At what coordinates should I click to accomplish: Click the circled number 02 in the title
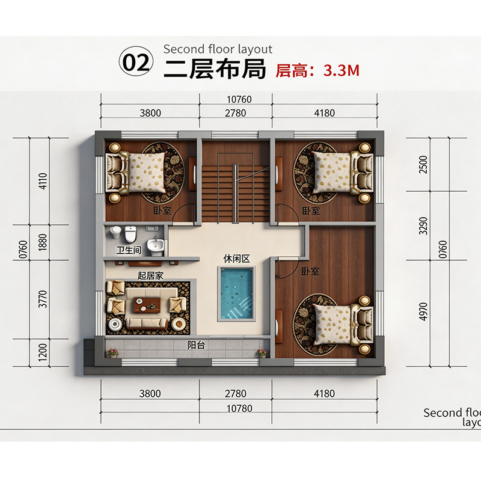(136, 63)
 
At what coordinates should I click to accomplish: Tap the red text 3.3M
(342, 70)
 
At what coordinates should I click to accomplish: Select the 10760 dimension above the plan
(239, 99)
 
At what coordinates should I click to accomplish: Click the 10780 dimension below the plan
(239, 409)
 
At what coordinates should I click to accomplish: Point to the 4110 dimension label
(43, 181)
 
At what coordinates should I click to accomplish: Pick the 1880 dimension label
(43, 242)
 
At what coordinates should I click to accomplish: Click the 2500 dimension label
(423, 164)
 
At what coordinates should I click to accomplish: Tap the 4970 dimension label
(423, 311)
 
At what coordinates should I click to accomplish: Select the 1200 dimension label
(43, 352)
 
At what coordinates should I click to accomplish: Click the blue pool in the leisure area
(236, 293)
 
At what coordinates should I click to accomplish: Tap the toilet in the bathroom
(130, 234)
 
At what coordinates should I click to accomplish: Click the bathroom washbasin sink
(156, 246)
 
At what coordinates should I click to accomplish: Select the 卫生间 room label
(129, 250)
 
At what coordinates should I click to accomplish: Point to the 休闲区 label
(236, 259)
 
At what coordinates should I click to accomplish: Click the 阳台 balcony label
(197, 345)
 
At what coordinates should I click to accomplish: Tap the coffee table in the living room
(147, 305)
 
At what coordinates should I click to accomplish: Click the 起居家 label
(150, 276)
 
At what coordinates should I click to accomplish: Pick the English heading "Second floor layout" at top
(218, 49)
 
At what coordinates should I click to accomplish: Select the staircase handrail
(235, 194)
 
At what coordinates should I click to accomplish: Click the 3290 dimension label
(423, 226)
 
